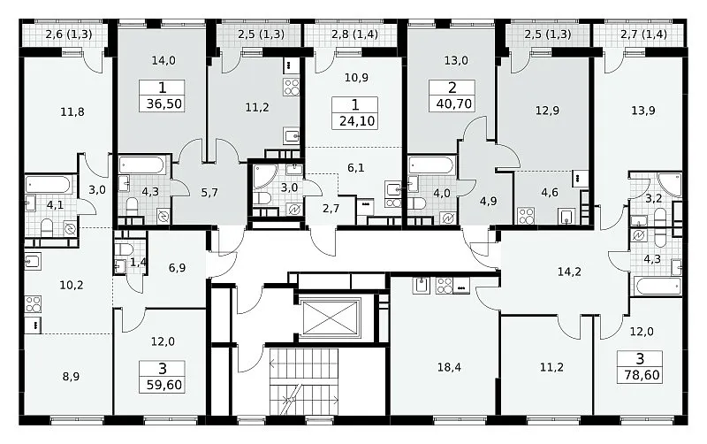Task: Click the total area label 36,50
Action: coord(164,103)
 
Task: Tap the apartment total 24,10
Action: coord(357,121)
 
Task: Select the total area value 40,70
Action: coord(454,103)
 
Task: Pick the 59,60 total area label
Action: coord(164,385)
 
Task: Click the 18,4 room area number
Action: coord(449,367)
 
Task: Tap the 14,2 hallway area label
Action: coord(569,272)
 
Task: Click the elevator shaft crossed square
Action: coord(331,318)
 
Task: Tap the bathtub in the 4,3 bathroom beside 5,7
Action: coord(141,165)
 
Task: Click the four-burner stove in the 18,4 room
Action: coord(445,286)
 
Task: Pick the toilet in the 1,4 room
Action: coord(122,249)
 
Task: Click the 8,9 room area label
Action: coord(71,376)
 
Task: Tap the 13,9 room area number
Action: coord(643,111)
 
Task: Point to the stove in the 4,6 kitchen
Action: coord(526,215)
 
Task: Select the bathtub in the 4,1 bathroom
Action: coord(48,185)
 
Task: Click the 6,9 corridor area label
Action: coord(178,268)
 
